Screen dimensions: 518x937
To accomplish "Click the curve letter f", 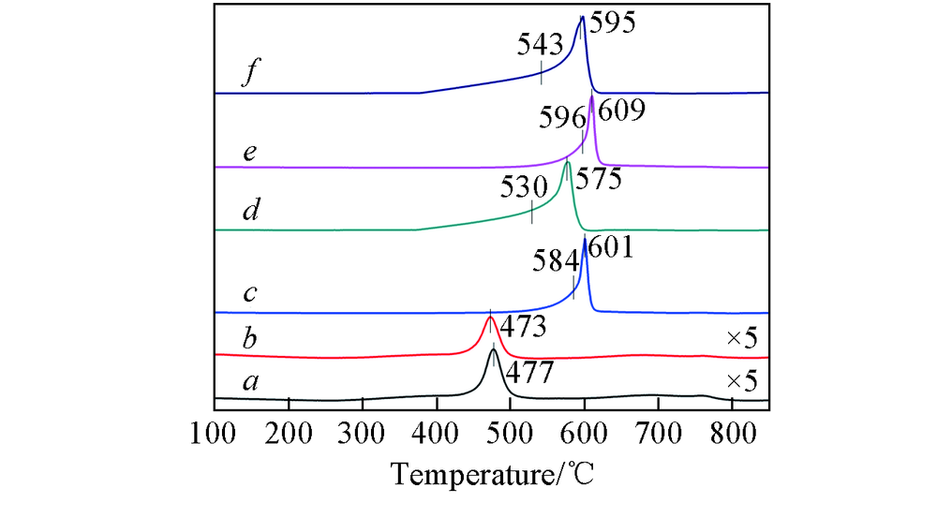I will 247,76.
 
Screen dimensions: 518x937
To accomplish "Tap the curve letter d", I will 249,211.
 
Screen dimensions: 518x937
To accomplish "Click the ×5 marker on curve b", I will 741,338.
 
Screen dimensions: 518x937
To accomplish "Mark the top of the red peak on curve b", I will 490,317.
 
